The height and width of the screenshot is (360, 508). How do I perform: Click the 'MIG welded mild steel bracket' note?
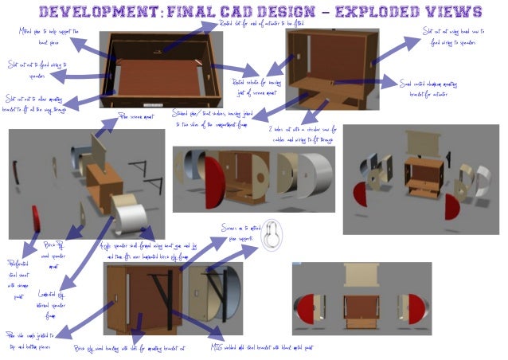point(263,347)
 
